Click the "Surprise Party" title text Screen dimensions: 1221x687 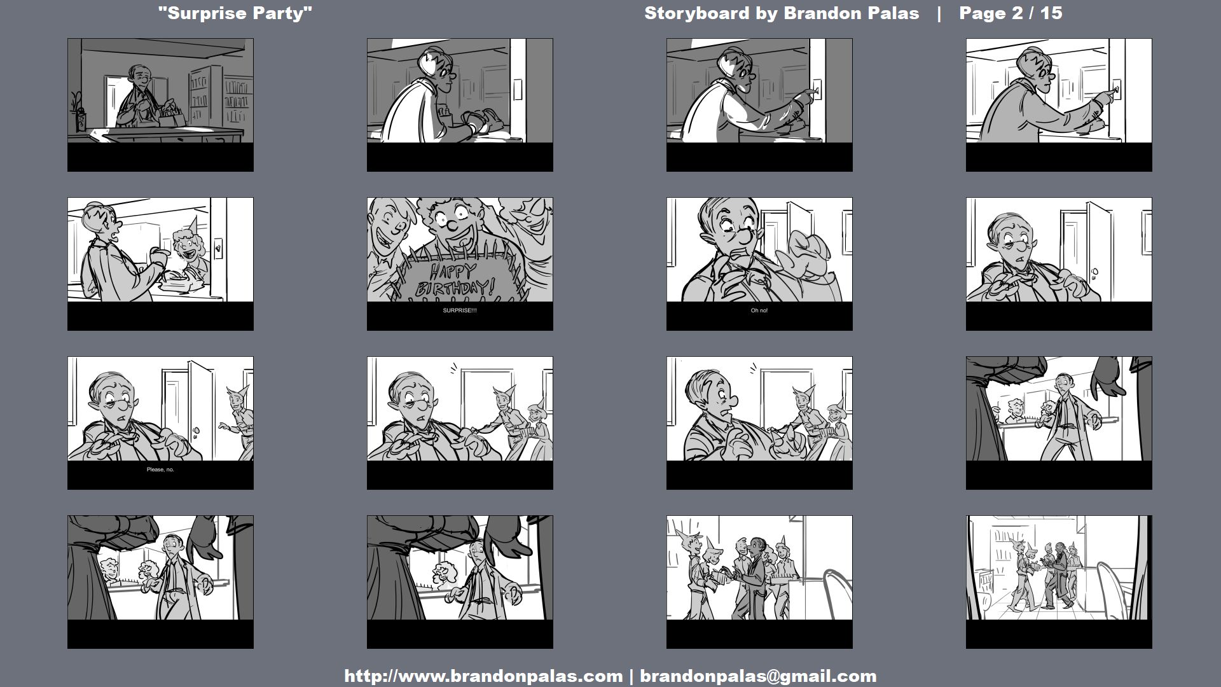pos(235,13)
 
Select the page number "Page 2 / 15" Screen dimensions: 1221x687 pos(1011,13)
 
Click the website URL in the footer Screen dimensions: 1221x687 pos(483,676)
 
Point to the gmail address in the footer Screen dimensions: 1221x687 pos(758,676)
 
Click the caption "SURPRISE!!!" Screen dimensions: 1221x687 pos(460,310)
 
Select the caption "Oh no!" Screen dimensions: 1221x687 pos(759,310)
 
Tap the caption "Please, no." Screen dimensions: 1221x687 pos(160,469)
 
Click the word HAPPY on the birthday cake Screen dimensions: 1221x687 pos(453,273)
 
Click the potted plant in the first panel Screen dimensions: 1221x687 pos(78,112)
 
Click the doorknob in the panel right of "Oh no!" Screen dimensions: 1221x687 pos(1094,274)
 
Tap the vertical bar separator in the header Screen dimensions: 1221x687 pos(939,13)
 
